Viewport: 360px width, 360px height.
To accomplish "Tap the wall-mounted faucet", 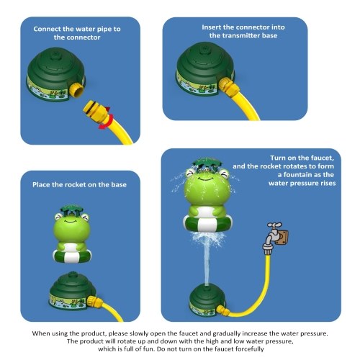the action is (x=273, y=238).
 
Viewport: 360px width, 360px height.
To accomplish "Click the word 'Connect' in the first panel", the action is (x=47, y=29).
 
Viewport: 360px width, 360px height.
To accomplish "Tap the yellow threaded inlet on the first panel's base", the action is (x=76, y=89).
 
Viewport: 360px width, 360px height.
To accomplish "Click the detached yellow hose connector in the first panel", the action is (x=96, y=112).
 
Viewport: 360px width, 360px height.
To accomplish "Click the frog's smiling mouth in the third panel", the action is (x=71, y=220).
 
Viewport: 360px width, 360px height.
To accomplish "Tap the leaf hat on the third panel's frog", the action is (x=71, y=210).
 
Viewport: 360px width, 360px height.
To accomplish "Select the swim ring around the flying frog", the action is (x=207, y=222).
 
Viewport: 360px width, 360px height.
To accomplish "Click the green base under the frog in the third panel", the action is (x=73, y=290).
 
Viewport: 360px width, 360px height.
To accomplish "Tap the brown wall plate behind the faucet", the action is (x=282, y=237).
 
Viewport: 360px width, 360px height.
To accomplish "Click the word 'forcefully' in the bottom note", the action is (x=250, y=349).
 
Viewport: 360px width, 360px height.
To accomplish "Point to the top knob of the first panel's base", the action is (x=55, y=54).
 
